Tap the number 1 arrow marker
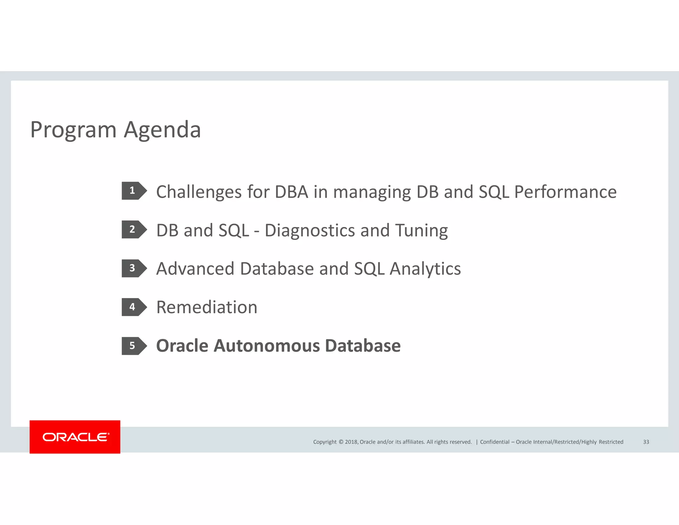pos(134,191)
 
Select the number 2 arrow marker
pos(134,229)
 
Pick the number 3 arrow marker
pos(134,268)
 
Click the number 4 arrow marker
pos(134,307)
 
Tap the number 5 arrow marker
pos(134,346)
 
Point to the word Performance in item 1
pos(565,192)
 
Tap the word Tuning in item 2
pos(421,231)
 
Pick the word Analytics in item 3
pos(425,269)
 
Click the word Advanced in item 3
pos(195,269)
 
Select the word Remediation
pos(207,307)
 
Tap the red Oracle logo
pos(75,437)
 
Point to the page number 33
pos(646,442)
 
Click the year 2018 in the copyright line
pos(351,442)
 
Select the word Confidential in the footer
pos(494,442)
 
